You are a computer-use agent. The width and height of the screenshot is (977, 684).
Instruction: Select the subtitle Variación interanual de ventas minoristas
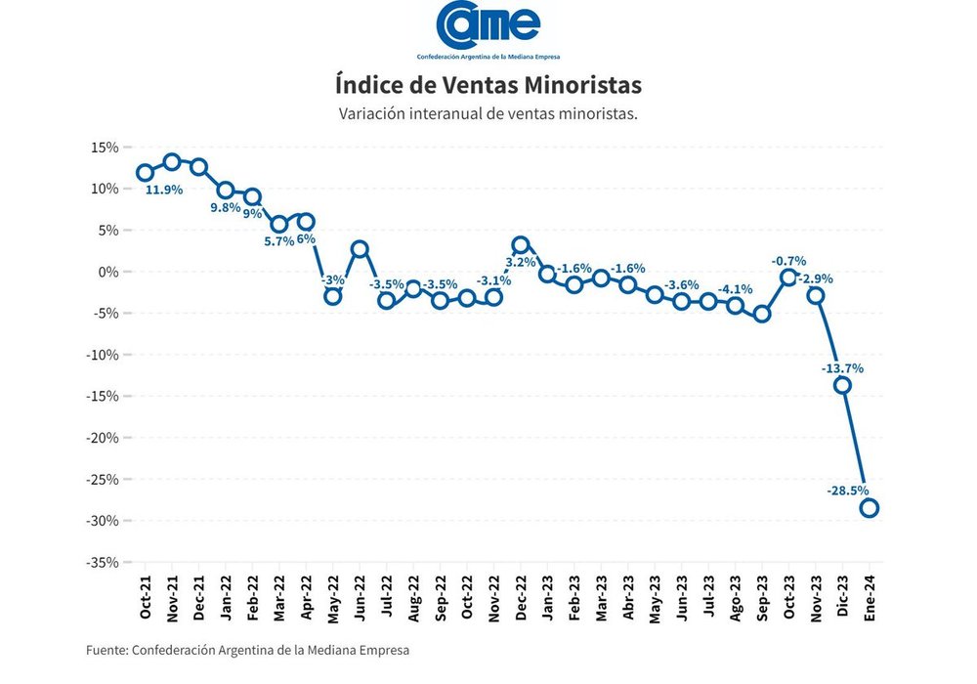point(488,113)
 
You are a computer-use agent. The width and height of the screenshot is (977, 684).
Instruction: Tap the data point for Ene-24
point(869,507)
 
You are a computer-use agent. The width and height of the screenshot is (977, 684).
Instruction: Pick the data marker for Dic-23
point(842,385)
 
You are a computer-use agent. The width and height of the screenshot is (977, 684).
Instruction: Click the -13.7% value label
point(842,368)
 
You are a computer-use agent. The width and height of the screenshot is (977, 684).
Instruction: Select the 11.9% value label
point(164,190)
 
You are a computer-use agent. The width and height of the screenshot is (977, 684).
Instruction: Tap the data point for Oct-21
point(145,173)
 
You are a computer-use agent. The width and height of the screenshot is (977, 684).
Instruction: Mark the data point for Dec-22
point(521,245)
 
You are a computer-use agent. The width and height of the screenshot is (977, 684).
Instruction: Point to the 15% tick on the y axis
point(105,148)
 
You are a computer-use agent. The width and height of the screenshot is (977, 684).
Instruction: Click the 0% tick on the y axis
point(107,272)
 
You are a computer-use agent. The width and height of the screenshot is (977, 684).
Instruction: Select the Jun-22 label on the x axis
point(361,598)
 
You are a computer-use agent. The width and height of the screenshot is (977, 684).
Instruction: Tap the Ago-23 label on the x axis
point(736,598)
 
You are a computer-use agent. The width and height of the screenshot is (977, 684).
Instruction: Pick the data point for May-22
point(333,296)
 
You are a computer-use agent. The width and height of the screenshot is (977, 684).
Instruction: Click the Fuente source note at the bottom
point(248,650)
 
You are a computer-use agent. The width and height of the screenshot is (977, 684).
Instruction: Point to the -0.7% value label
point(788,261)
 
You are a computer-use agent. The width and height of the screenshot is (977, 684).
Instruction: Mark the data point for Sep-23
point(762,314)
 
